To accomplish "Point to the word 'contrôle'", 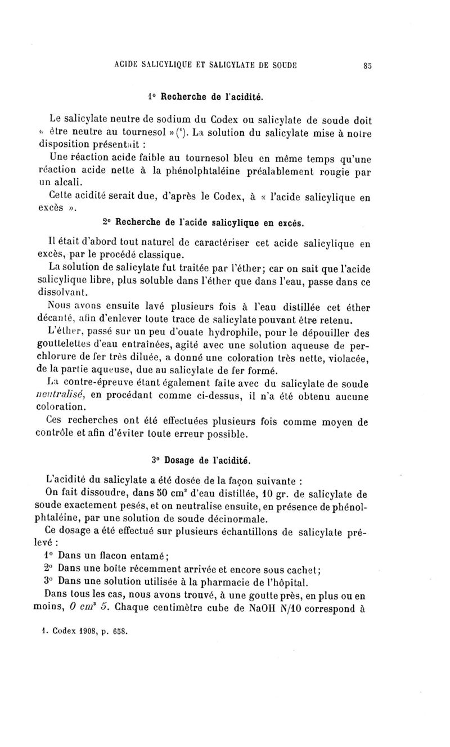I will (57, 434).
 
